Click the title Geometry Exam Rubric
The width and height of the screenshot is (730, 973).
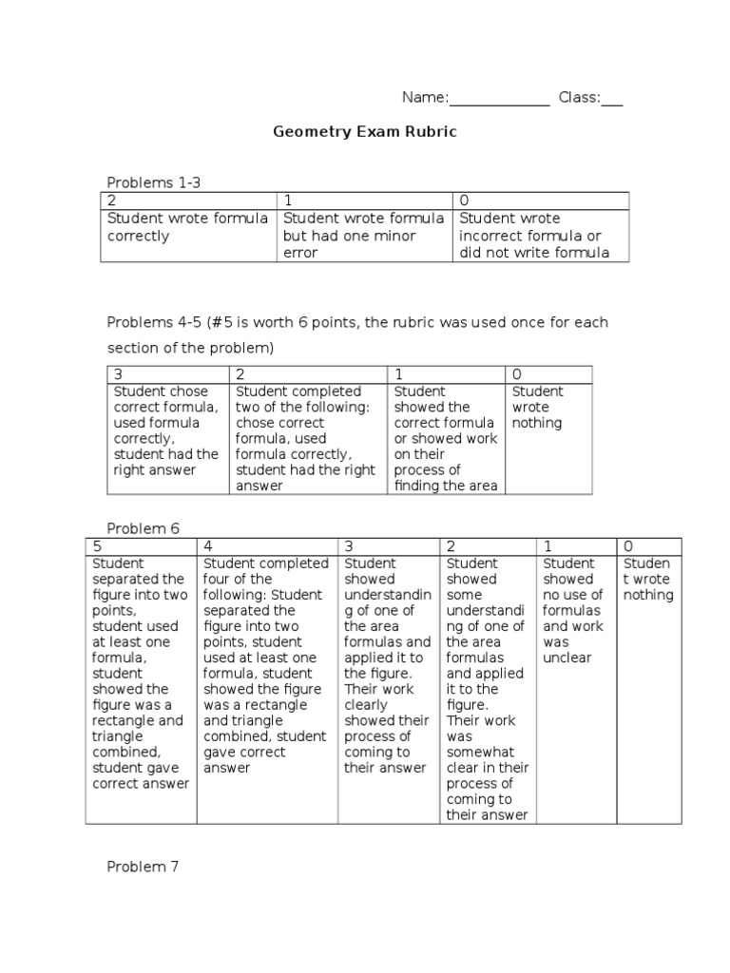(x=365, y=132)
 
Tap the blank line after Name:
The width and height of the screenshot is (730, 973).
(x=499, y=99)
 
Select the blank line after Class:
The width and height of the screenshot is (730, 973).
(x=612, y=99)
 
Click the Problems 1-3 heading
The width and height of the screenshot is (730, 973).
(x=154, y=182)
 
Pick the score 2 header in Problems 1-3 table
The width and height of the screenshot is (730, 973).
(x=112, y=200)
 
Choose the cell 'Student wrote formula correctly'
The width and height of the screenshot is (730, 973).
(x=187, y=227)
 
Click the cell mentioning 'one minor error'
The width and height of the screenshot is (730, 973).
(x=363, y=236)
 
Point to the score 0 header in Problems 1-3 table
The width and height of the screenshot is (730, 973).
(x=464, y=200)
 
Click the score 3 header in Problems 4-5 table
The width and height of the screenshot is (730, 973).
(x=118, y=374)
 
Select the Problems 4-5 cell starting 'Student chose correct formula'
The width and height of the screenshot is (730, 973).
(x=166, y=430)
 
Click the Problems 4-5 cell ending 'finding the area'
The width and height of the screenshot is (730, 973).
(x=446, y=438)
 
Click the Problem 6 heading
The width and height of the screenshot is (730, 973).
(x=144, y=528)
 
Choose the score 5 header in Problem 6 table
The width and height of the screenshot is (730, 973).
(x=96, y=546)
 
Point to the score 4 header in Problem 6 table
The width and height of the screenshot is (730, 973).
(x=208, y=546)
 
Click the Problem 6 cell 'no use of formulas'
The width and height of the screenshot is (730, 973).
(x=572, y=610)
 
